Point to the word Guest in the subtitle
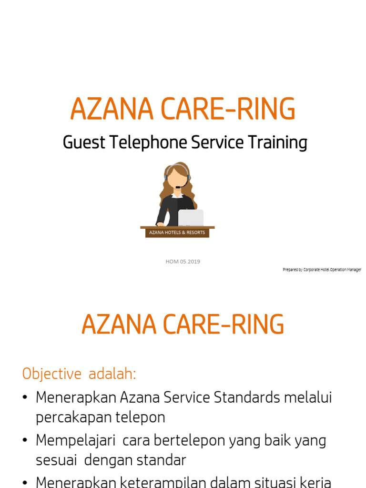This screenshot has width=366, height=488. point(83,142)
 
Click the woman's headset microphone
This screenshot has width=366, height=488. point(178,187)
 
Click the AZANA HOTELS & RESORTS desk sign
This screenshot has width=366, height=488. point(177,233)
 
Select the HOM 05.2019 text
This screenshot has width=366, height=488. point(183,261)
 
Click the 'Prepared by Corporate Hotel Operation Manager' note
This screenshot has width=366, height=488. point(322,270)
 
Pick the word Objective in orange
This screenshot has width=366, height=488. point(52,374)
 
